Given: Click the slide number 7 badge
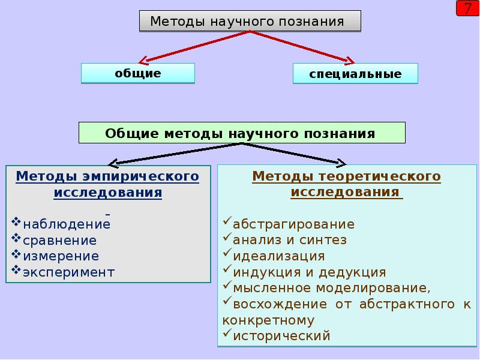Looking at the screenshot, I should (467, 9).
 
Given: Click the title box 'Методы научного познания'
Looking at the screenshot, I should (250, 22).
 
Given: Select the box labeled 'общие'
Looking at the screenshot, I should (138, 73).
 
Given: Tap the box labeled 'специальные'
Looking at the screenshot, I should (355, 74).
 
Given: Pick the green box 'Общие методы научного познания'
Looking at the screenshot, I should (241, 133).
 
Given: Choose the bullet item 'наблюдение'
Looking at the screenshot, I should (67, 225).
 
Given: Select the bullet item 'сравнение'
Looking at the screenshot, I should (59, 241).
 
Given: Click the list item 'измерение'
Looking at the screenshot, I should (61, 256).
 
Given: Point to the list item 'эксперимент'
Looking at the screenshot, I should (68, 272).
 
